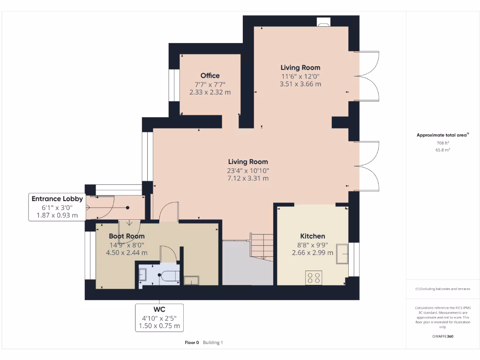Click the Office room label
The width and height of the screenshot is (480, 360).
tap(210, 75)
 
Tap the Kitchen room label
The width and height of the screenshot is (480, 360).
tap(313, 236)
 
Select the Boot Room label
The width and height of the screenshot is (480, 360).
tap(127, 236)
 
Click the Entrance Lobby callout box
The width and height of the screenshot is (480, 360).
tap(57, 207)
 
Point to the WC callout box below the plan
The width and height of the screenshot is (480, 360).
tap(159, 318)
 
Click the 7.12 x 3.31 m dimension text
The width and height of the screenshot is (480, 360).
tap(248, 178)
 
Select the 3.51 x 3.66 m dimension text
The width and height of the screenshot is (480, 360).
tap(300, 84)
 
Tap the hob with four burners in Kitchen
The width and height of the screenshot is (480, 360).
tap(314, 277)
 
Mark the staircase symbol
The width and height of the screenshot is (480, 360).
tap(261, 246)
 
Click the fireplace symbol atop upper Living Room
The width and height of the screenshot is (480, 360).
tap(323, 21)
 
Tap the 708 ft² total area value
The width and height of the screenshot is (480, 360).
tap(443, 143)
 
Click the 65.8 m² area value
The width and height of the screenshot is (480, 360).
tap(443, 150)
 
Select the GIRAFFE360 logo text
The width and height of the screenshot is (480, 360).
tap(442, 336)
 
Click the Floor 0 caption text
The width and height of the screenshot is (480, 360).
tap(192, 343)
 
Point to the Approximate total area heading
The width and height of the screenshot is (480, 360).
tap(442, 135)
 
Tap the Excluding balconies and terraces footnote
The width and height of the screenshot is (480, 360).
tap(442, 289)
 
